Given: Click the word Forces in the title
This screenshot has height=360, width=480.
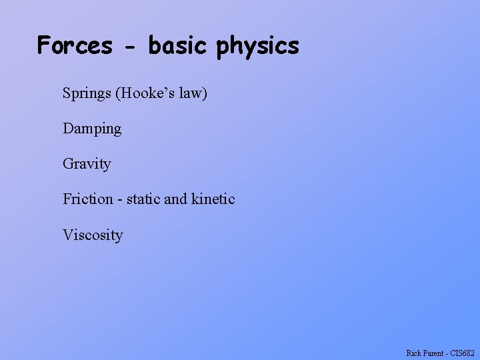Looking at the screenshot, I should point(75,45).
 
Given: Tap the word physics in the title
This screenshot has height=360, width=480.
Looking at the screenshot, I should point(258,47).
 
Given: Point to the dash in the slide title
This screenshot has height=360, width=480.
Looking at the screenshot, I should point(130,47).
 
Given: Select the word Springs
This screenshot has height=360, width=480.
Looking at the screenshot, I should point(87,93).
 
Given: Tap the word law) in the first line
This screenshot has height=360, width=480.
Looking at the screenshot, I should point(193,93).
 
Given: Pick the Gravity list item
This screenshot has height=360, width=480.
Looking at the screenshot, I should point(87,164).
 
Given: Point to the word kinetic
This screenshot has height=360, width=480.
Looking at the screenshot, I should point(213,199).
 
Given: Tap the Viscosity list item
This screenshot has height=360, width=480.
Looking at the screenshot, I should point(93,235).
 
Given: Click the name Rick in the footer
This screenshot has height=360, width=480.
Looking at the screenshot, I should point(413,353).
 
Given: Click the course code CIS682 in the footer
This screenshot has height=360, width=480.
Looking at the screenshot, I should point(463,353).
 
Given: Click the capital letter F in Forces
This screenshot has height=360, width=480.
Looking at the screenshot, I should point(44,45).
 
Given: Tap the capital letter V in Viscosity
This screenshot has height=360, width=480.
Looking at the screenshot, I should point(67,235).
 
